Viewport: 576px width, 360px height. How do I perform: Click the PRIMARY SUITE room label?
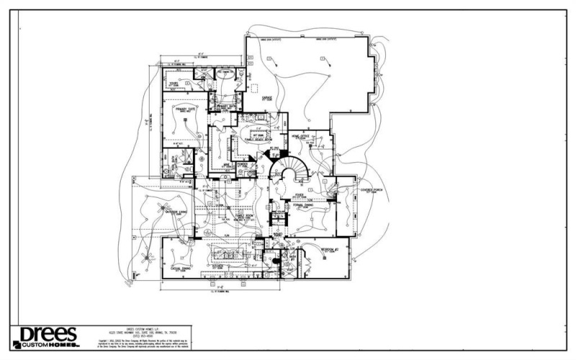pos(186,109)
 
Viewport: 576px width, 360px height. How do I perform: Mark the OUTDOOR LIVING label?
pos(176,212)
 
